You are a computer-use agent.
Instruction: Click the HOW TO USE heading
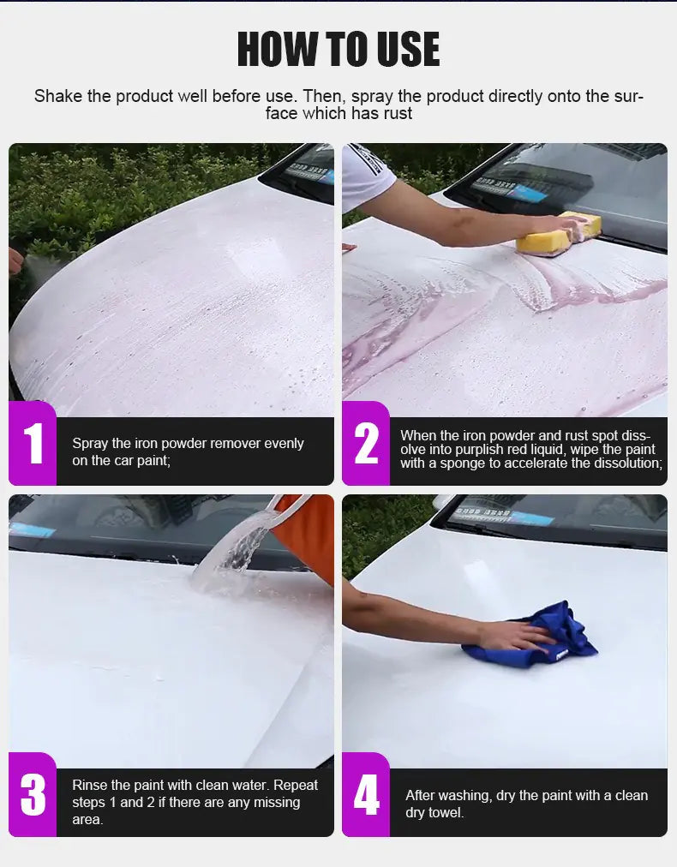coord(338,50)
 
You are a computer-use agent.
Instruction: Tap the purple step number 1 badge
coord(33,444)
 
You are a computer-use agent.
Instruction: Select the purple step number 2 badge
coord(366,444)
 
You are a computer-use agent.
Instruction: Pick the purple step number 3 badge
coord(33,795)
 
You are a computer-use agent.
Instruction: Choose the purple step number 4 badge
coord(366,795)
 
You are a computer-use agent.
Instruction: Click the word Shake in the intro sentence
coord(57,96)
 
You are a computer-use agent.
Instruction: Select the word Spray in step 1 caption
coord(90,444)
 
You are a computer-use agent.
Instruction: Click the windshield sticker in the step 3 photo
coord(34,529)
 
